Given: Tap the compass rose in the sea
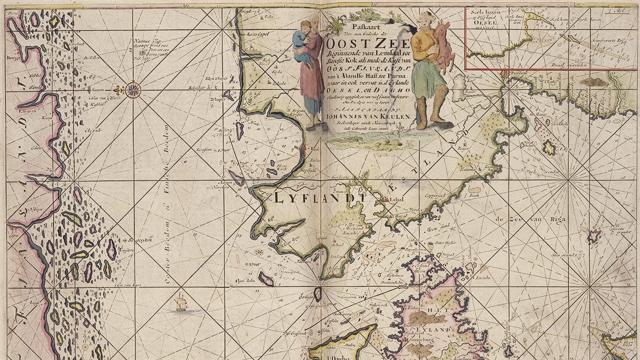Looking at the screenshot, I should coord(133,89).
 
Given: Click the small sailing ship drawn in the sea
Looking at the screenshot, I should coord(181,304).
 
